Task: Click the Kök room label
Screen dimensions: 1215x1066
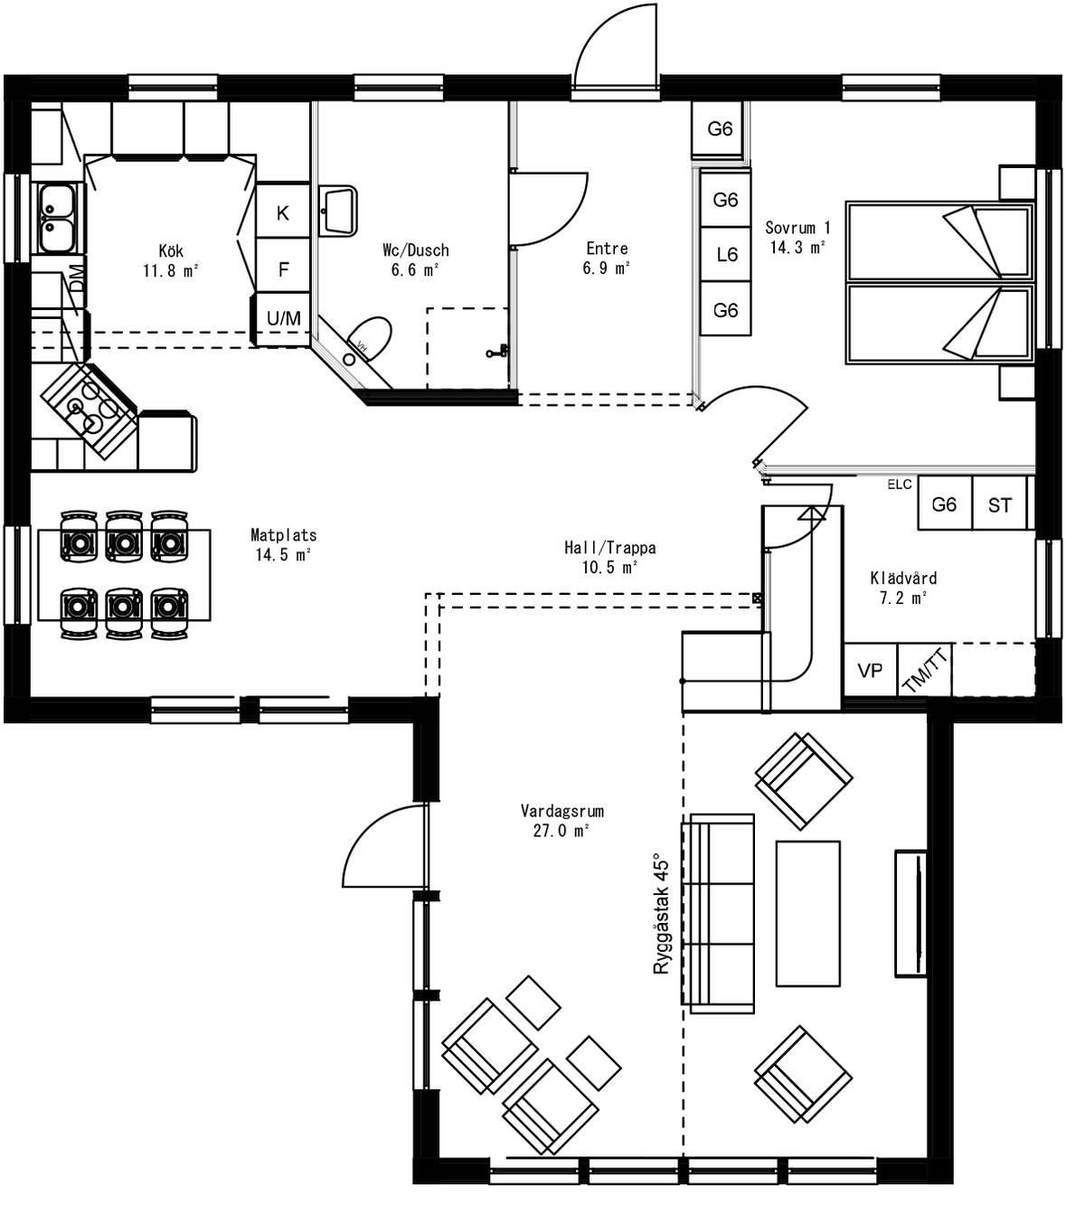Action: click(x=170, y=250)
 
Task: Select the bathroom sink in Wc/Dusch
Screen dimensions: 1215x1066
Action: click(x=338, y=210)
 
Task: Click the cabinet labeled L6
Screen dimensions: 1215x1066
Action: click(x=726, y=255)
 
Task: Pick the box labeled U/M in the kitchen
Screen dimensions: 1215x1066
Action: click(x=283, y=318)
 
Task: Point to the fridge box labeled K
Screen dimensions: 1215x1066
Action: click(x=283, y=213)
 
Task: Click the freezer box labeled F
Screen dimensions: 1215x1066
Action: click(x=283, y=268)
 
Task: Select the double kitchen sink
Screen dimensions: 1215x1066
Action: click(x=56, y=218)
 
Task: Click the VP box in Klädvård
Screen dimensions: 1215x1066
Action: click(x=870, y=671)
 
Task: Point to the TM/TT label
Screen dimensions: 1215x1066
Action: click(x=926, y=671)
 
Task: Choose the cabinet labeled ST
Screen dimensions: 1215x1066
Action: click(x=999, y=505)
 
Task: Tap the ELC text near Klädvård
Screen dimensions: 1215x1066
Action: click(x=899, y=485)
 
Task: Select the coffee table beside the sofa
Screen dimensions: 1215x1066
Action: click(x=807, y=913)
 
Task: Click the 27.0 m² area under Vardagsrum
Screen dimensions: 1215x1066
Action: click(x=561, y=831)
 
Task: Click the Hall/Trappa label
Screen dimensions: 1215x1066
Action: click(x=609, y=548)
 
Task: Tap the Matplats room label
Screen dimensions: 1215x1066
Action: click(x=283, y=535)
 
